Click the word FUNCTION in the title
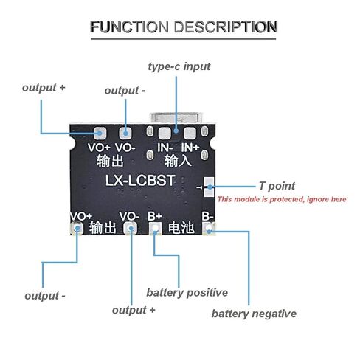tap(129, 27)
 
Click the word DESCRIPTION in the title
tap(226, 27)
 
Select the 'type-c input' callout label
tap(179, 66)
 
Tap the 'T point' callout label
tap(277, 186)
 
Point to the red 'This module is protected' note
tap(282, 199)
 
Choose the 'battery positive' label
tap(187, 293)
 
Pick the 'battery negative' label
tap(254, 314)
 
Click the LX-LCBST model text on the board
tap(140, 180)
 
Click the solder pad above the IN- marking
tap(165, 134)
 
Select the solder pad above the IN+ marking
tap(190, 134)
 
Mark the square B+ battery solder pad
tap(155, 228)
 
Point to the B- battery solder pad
tap(209, 229)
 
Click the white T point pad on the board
tap(209, 187)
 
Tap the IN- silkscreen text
tap(165, 148)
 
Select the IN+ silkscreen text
tap(190, 148)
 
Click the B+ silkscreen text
tap(155, 216)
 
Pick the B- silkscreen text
tap(207, 216)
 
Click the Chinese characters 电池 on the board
tap(181, 228)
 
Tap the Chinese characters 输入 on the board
tap(178, 161)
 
